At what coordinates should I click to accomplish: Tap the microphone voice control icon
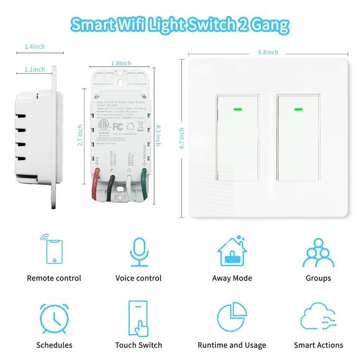pos(138,251)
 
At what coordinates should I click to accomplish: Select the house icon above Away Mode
pos(232,251)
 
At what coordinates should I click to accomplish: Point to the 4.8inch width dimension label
pos(268,52)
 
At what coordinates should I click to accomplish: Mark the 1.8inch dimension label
pos(121,63)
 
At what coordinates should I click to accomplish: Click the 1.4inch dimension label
pos(35,47)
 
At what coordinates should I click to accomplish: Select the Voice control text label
pos(138,278)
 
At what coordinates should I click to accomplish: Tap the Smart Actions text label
pos(318,345)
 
